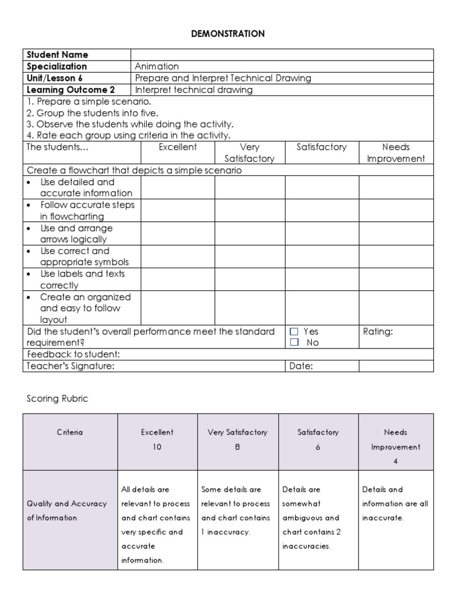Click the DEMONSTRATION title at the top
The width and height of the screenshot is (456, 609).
228,34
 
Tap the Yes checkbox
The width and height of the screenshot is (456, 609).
294,331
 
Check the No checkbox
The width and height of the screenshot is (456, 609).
294,343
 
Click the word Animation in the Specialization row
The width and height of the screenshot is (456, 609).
157,67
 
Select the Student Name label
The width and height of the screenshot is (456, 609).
58,55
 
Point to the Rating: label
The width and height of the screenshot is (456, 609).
378,331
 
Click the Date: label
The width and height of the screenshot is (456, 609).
301,366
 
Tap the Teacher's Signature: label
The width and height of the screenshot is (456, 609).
71,366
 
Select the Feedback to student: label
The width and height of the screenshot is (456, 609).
73,354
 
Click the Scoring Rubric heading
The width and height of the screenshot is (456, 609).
57,398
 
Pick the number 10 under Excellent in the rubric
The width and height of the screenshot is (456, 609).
157,447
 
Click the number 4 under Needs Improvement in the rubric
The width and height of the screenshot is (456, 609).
395,461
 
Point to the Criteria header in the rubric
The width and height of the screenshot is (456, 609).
70,432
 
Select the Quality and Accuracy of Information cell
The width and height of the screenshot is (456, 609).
67,510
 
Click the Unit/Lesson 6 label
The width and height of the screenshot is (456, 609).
55,78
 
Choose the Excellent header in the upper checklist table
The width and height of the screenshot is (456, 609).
178,147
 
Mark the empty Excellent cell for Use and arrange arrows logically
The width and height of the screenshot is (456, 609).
178,234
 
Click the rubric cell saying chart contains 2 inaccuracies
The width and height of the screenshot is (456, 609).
319,517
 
